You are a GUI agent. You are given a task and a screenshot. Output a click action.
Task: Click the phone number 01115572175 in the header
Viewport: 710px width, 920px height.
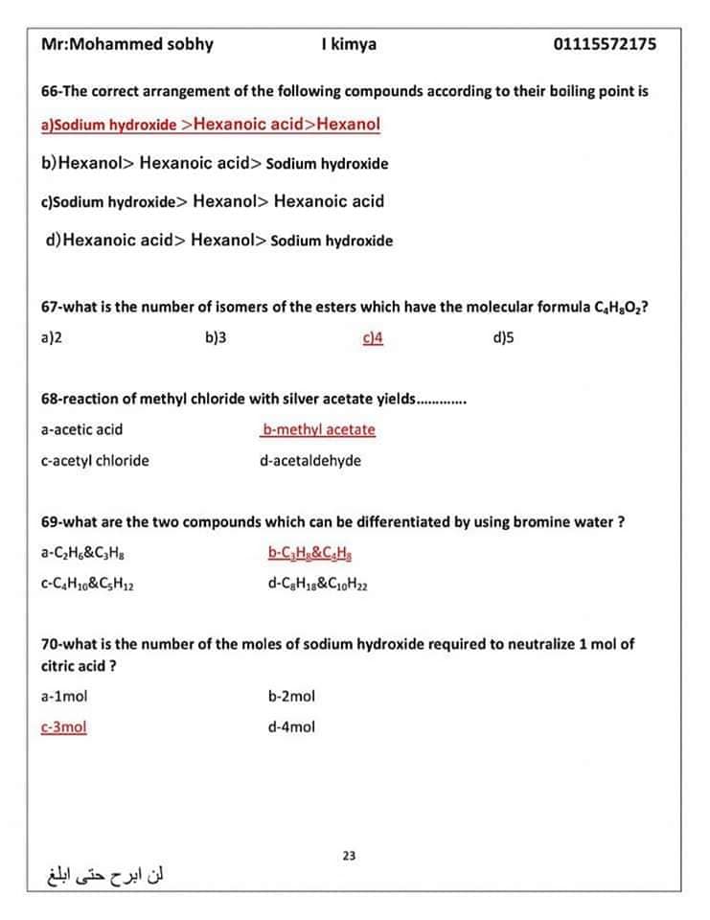(605, 44)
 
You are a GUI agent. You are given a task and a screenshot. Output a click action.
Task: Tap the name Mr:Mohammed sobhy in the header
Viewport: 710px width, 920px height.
(127, 44)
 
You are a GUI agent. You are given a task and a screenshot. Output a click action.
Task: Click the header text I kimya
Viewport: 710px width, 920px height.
(350, 44)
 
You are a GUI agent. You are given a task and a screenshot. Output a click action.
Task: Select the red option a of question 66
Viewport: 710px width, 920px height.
(211, 125)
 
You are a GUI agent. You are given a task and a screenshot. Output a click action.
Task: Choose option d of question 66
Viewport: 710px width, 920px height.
(219, 241)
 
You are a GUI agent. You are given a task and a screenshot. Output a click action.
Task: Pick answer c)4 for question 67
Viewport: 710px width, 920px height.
(373, 337)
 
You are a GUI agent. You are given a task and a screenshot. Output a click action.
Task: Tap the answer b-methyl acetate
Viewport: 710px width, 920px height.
(318, 430)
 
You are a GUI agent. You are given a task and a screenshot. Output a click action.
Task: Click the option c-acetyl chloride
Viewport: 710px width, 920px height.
(95, 461)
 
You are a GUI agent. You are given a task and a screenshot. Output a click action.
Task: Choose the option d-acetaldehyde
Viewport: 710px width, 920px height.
(310, 461)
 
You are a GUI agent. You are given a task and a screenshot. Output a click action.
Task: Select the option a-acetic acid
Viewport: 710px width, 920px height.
(82, 430)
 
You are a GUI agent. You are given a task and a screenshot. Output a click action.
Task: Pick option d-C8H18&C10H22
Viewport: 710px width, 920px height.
(318, 584)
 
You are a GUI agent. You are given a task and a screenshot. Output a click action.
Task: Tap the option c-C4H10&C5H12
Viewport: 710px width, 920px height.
(87, 584)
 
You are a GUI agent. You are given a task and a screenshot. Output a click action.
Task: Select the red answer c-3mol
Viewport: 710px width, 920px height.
(64, 727)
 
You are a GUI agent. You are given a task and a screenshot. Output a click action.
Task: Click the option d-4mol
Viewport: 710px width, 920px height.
(291, 727)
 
